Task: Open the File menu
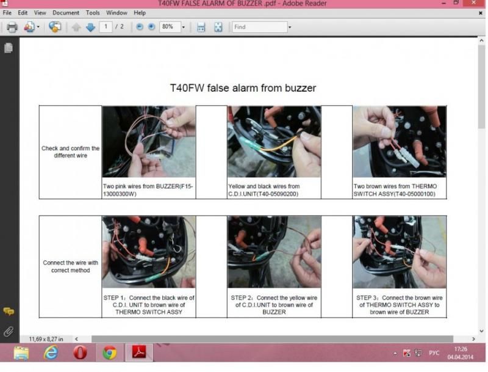click(x=7, y=13)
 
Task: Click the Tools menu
click(x=93, y=13)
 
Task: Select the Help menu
click(x=140, y=13)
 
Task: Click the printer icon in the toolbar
click(x=12, y=27)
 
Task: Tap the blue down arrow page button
click(x=90, y=27)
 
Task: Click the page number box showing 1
click(x=106, y=27)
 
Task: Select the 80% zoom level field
click(x=170, y=27)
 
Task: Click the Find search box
click(x=260, y=27)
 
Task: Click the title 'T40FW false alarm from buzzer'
click(x=243, y=88)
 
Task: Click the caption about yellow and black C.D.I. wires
click(x=264, y=190)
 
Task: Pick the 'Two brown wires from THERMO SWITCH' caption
click(x=395, y=190)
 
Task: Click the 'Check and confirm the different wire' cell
click(x=70, y=151)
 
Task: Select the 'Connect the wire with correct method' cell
click(x=70, y=266)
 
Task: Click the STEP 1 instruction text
click(x=149, y=305)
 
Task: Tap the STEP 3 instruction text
click(x=400, y=305)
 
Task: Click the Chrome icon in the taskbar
click(x=110, y=352)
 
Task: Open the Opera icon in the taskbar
click(x=80, y=352)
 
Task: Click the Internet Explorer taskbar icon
click(x=51, y=352)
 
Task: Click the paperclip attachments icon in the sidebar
click(x=9, y=332)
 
